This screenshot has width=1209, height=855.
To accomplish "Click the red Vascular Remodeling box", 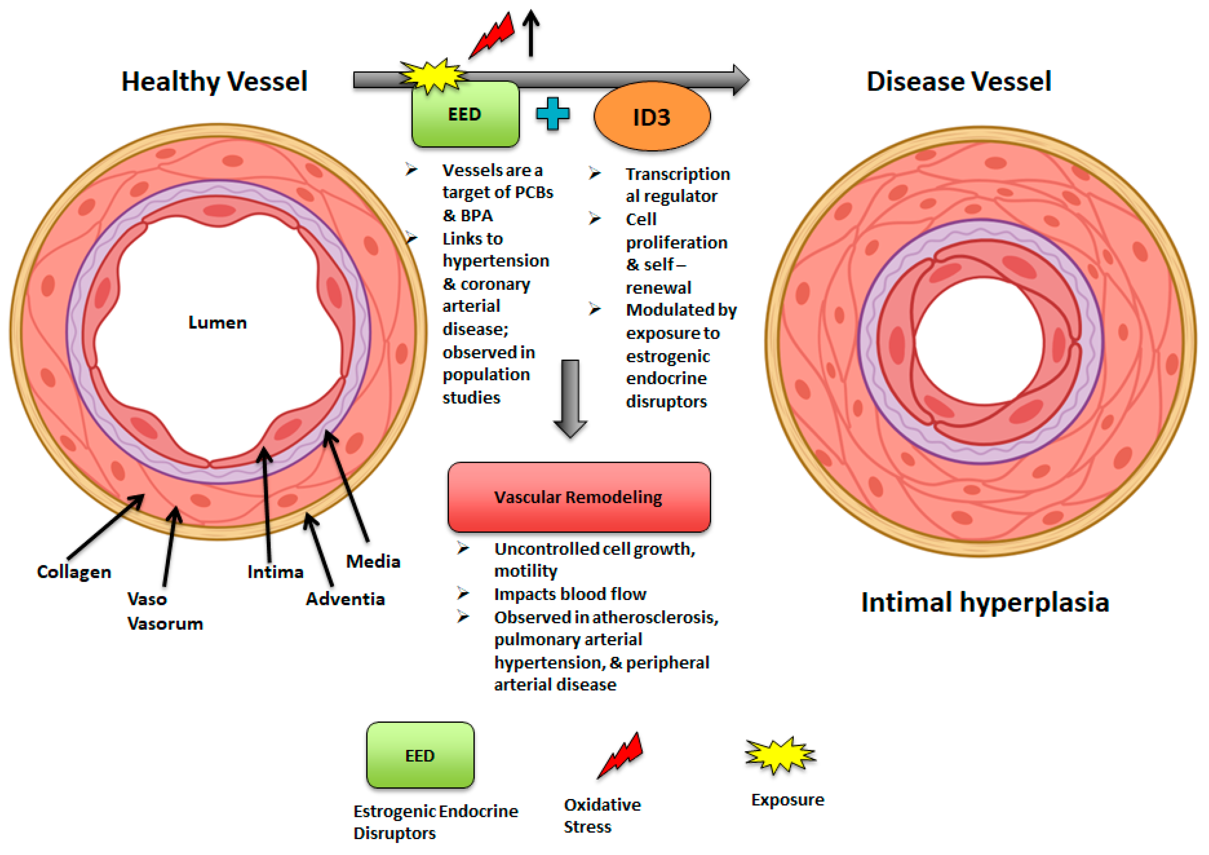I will (x=579, y=497).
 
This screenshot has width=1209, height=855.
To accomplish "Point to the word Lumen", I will (x=217, y=322).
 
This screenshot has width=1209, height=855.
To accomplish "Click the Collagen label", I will (x=74, y=572).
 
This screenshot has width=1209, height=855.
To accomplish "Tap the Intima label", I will (x=275, y=572).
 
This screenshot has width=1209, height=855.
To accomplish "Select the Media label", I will (x=373, y=561).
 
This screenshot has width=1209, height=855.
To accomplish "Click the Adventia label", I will (x=346, y=600).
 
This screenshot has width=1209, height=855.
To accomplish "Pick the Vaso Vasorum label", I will (x=164, y=612).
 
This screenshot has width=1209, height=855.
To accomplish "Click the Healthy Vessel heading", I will (x=214, y=82).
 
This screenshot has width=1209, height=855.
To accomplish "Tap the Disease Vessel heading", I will (x=959, y=82).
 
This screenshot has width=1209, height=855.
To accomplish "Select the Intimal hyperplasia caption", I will (x=985, y=602).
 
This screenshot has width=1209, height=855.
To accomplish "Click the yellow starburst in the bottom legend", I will (x=780, y=755).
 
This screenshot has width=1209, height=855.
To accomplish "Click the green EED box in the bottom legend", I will (x=420, y=755).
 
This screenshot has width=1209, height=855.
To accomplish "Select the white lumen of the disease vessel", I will (x=979, y=341).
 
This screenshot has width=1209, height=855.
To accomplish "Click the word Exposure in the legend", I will (x=787, y=800).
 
